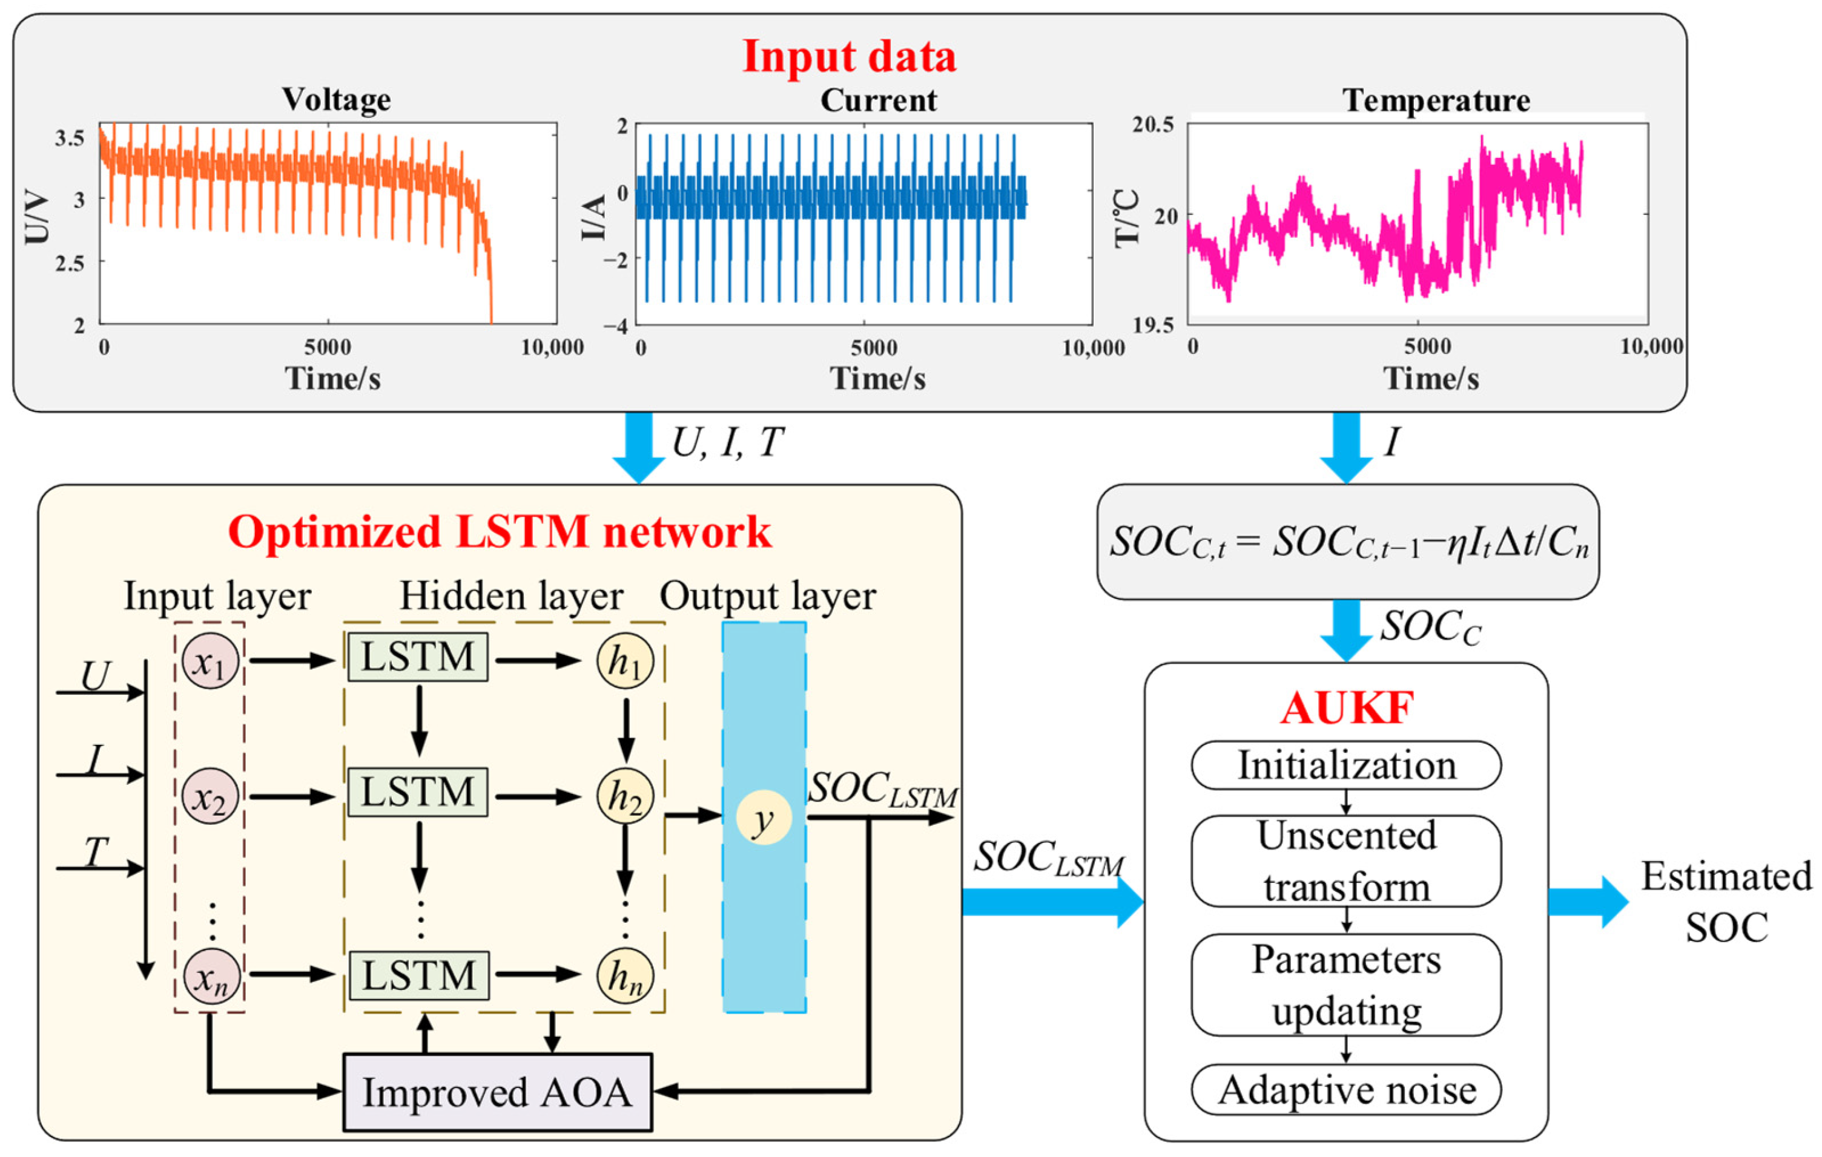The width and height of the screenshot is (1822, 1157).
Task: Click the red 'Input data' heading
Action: [x=849, y=57]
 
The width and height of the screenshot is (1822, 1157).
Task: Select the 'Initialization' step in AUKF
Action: [x=1345, y=765]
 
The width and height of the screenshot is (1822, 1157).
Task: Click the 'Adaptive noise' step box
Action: [x=1345, y=1090]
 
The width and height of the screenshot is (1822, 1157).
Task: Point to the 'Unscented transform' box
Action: [x=1345, y=860]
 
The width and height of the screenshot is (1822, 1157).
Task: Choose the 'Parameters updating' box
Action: [x=1345, y=985]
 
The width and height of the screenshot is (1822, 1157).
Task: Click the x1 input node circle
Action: [x=210, y=661]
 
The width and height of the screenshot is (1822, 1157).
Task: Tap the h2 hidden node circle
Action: [x=625, y=796]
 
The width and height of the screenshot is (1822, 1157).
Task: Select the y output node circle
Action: [x=764, y=818]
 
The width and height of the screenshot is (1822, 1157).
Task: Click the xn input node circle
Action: [x=210, y=976]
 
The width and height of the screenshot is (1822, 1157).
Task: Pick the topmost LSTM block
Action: [x=418, y=657]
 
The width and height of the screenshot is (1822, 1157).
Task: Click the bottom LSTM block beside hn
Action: [x=418, y=975]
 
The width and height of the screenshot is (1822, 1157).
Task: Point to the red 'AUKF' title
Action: [x=1346, y=709]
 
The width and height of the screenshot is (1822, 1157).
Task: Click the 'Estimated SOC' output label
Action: [x=1726, y=902]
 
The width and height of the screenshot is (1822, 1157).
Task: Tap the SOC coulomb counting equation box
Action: [x=1348, y=542]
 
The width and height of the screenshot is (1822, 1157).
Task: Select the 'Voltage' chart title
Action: [x=337, y=100]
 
